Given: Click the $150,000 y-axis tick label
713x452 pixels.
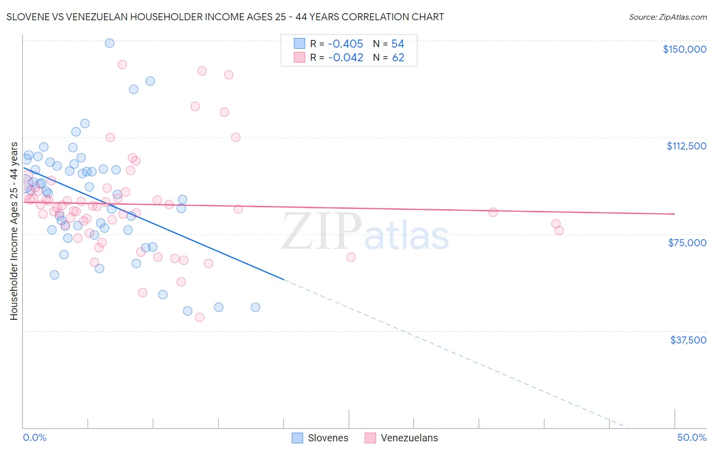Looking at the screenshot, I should coord(684,49).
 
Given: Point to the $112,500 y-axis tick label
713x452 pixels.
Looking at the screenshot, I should coord(686,146).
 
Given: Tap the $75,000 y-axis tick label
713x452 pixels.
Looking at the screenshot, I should coord(687,243).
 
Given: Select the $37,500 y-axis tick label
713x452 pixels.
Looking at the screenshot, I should coord(688,340).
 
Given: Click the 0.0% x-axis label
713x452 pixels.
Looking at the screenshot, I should coord(34,437).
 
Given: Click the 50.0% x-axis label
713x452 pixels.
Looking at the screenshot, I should coord(692,437).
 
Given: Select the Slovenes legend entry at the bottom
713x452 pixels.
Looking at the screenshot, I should coord(320,438).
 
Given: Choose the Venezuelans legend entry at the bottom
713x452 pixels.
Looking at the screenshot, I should coord(402,438).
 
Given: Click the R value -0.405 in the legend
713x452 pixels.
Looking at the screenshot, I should coord(345,44).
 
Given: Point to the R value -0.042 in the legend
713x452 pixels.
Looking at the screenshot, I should coord(345,58).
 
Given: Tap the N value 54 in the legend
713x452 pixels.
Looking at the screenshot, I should coord(398,44).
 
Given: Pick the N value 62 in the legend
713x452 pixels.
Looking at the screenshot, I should coord(398,58).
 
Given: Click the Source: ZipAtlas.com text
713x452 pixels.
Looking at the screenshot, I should coord(667,17).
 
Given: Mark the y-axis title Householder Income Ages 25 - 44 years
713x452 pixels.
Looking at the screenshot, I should coord(14,231).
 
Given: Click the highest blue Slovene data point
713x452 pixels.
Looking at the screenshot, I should coord(110,43).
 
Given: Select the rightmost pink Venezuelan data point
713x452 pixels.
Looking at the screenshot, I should coord(559,231).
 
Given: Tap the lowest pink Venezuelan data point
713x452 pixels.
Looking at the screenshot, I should coord(199,317).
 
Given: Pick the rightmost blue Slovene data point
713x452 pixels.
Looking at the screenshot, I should coord(255,307).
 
